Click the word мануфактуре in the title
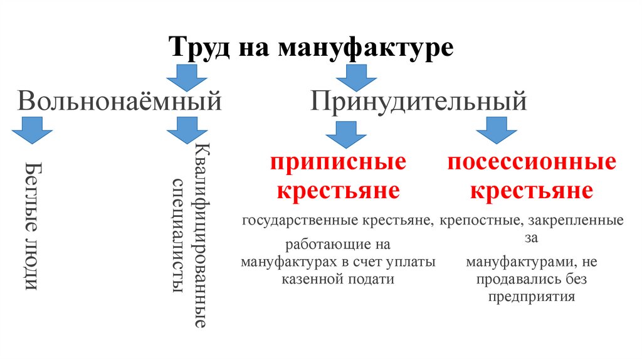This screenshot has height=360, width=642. click(x=366, y=48)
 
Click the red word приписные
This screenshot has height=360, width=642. click(x=338, y=163)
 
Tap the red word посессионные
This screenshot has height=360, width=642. click(x=531, y=163)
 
